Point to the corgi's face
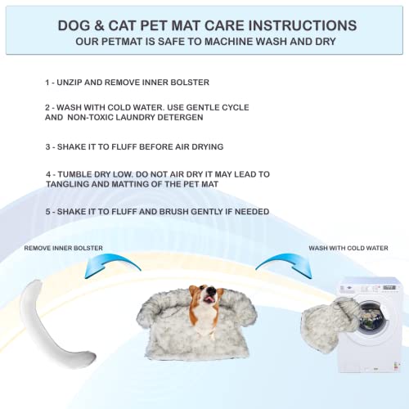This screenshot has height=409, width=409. (x=204, y=295)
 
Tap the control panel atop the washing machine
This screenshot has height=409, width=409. (x=370, y=287)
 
